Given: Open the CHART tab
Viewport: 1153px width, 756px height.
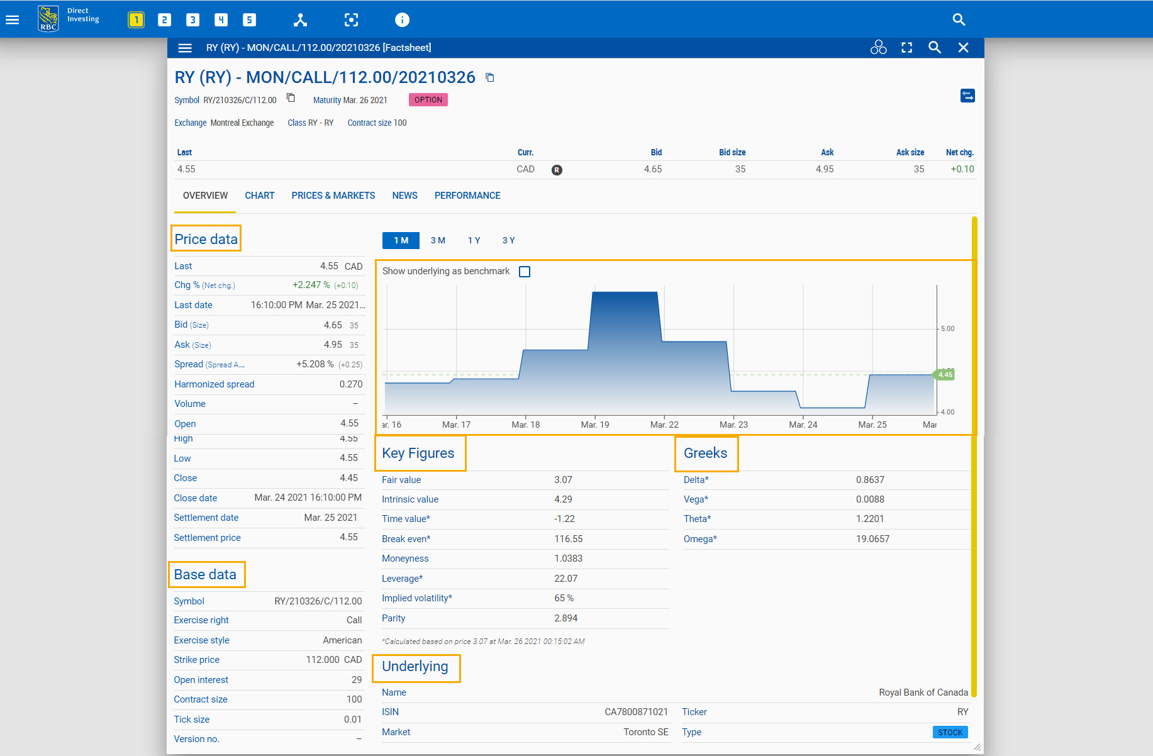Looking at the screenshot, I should tap(259, 196).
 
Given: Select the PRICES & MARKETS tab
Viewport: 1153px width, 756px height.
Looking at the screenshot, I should tap(333, 196).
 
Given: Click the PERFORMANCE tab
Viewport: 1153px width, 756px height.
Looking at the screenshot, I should tap(467, 196).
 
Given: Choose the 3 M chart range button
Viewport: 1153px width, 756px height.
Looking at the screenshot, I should tap(438, 240).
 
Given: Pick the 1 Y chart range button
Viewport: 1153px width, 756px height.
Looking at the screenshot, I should tap(474, 240).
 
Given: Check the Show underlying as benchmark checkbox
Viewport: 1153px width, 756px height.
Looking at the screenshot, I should tap(525, 272).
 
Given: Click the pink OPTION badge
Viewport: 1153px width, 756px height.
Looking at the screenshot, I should tap(428, 100).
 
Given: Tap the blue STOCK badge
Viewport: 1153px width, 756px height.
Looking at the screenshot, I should tap(950, 732).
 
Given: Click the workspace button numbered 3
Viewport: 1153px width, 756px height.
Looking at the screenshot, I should tap(192, 19).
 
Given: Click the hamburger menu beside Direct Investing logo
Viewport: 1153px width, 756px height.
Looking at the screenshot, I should tap(13, 19).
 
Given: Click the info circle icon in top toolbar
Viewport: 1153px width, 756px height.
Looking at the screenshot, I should tap(402, 19).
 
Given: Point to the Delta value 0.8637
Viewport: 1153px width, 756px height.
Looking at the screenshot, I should tap(870, 480).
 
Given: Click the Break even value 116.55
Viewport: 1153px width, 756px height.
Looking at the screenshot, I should tap(568, 539).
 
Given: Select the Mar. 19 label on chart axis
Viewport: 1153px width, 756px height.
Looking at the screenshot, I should tap(594, 425).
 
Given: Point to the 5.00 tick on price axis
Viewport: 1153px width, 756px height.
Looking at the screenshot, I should tap(947, 329).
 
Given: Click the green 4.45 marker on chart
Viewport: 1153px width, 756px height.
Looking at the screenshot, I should tap(944, 374).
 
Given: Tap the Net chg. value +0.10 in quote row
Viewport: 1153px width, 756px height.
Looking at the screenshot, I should tap(962, 169).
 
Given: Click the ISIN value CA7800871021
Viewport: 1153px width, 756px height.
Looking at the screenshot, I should tap(636, 712).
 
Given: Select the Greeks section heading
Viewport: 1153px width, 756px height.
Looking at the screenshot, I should tap(705, 453).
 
